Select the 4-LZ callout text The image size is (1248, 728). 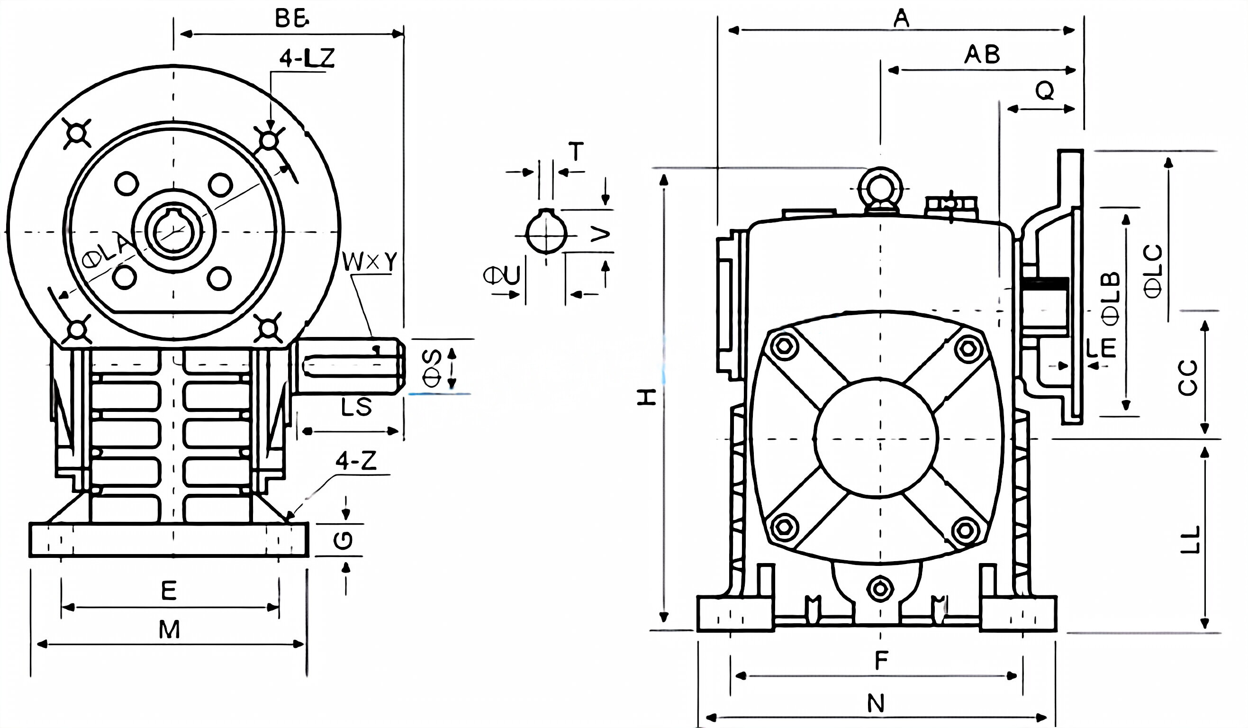[307, 58]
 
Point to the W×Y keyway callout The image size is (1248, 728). [371, 263]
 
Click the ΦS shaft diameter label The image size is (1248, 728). [432, 368]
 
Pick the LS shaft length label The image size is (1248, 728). [356, 407]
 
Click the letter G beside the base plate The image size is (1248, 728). [343, 540]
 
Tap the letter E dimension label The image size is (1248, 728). [169, 591]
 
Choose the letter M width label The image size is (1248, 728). [169, 630]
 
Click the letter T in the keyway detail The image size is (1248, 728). [576, 152]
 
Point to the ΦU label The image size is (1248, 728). [502, 276]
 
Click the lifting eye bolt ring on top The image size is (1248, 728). [880, 189]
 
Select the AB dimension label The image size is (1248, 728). [982, 55]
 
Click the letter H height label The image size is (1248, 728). [647, 397]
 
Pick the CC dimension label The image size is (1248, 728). [1187, 377]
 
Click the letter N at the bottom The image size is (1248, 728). [876, 704]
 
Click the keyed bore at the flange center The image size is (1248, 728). [173, 231]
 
